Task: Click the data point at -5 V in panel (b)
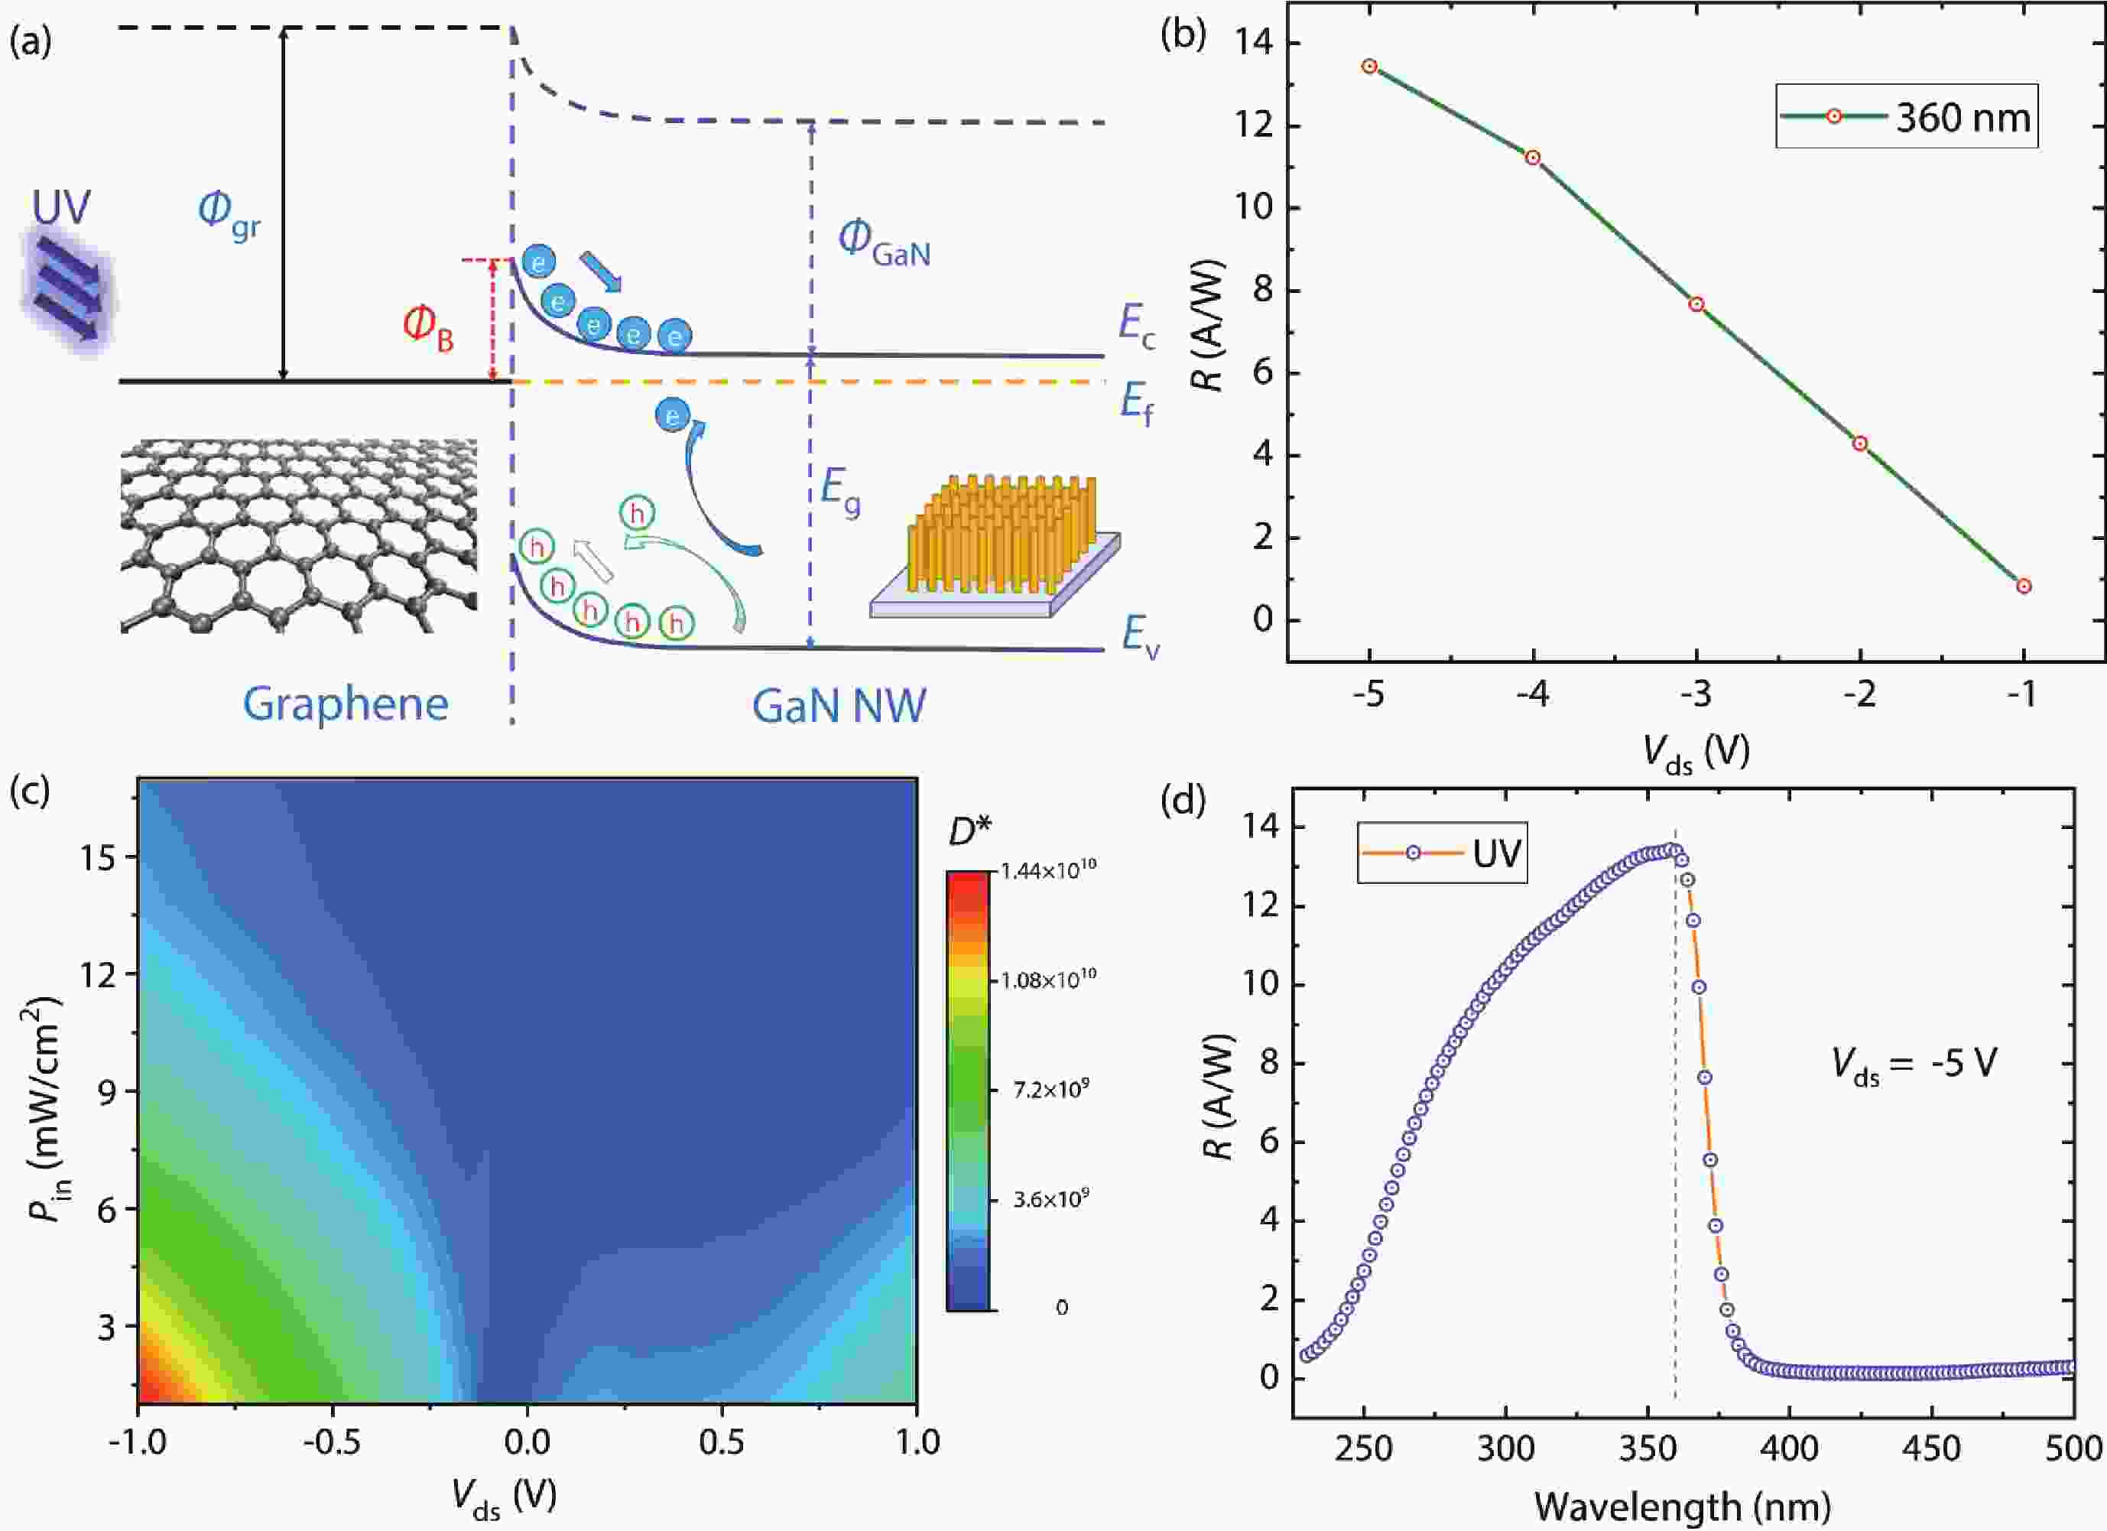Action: point(1369,66)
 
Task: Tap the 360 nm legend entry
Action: point(1907,117)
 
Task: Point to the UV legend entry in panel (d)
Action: point(1442,852)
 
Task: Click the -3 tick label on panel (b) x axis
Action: point(1696,694)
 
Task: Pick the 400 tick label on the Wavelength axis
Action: point(1789,1448)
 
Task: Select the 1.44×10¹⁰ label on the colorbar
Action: point(1049,870)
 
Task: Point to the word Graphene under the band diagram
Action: point(346,704)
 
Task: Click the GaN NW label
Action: point(838,706)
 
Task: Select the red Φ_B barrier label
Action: point(427,328)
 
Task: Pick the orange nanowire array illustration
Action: point(998,539)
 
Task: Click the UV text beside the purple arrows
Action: point(61,208)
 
